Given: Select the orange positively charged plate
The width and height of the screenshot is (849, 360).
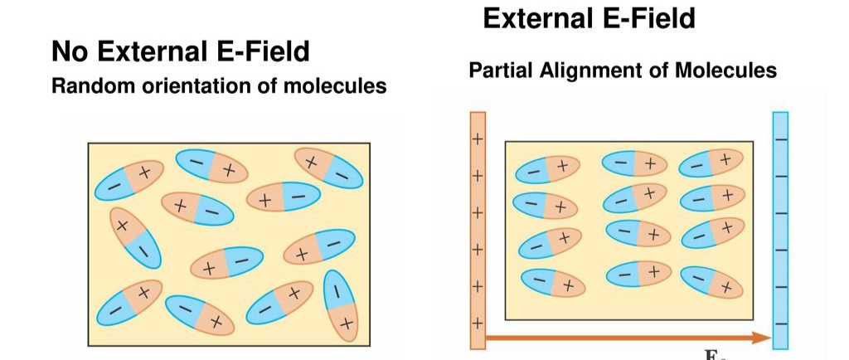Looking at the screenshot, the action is tap(478, 231).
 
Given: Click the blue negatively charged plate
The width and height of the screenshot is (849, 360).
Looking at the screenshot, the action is tap(780, 231).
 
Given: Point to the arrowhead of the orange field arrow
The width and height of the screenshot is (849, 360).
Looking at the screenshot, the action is tap(764, 338).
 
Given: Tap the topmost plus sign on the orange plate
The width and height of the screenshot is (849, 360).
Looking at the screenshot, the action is tap(477, 139).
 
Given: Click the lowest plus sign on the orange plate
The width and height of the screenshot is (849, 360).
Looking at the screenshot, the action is tap(477, 324).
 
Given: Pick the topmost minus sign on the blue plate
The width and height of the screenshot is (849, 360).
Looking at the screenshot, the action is tap(781, 139).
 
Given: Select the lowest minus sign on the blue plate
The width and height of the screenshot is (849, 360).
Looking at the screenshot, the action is tap(781, 324).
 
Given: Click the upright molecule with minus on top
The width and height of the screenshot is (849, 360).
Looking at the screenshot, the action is tap(341, 306).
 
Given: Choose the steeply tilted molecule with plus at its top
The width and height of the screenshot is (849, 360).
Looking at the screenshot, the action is tap(135, 238).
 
